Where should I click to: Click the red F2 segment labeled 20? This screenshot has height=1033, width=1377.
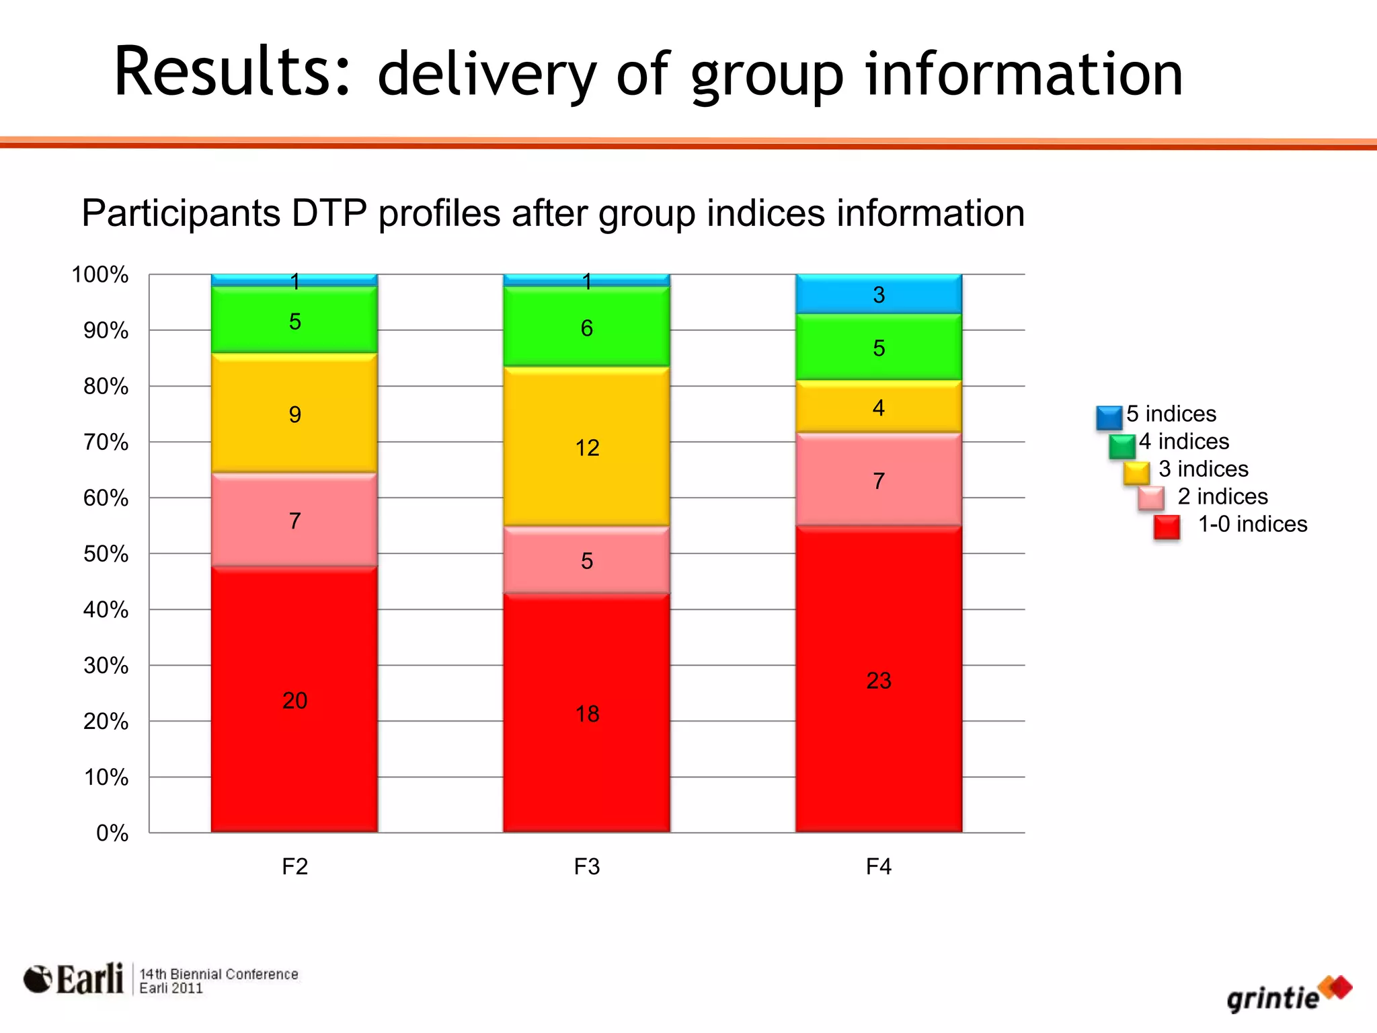coord(294,699)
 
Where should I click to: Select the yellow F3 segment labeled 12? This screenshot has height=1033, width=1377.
coord(586,447)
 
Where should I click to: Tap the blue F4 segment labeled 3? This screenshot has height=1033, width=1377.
coord(878,294)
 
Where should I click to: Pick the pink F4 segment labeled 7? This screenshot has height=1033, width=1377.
coord(878,480)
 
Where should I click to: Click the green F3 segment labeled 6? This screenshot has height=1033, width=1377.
coord(586,328)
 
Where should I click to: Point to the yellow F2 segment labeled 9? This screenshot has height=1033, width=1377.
coord(294,414)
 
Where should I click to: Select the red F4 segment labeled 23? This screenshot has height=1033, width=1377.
coord(878,680)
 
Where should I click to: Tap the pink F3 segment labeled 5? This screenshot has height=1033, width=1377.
coord(586,560)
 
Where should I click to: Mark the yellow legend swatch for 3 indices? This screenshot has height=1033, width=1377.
coord(1136,473)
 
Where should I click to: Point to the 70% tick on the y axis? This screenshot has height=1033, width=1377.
coord(106,442)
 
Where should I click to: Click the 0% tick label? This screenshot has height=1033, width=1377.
coord(112,833)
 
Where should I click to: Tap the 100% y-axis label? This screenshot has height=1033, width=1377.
coord(100,274)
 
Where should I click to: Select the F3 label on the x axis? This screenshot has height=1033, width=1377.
coord(586,866)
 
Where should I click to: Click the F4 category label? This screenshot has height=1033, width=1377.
coord(878,866)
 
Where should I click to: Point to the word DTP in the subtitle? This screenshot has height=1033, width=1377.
coord(329,213)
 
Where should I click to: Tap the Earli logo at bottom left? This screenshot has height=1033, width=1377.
coord(74,979)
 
